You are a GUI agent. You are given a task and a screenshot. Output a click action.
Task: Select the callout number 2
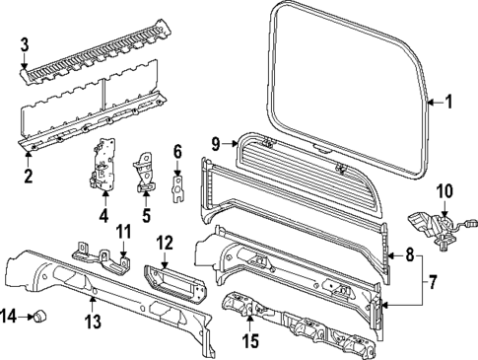click(29, 177)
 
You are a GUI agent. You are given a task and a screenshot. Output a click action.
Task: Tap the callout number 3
click(26, 45)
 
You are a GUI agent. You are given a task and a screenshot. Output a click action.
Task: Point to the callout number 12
click(165, 242)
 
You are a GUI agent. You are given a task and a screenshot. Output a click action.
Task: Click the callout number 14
click(9, 316)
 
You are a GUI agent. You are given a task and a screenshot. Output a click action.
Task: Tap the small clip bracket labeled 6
click(178, 184)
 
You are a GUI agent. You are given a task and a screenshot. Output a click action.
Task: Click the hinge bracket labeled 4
click(103, 163)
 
